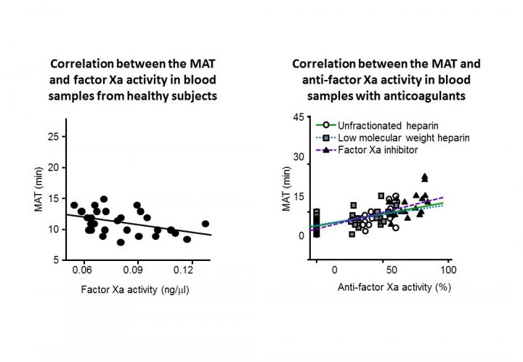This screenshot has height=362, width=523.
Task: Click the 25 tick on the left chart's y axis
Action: tap(54, 136)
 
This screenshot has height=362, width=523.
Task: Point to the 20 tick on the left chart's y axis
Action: tap(54, 167)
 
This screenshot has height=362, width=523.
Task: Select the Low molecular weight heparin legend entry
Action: tap(396, 137)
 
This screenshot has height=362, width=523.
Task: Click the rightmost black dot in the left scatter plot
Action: tap(206, 224)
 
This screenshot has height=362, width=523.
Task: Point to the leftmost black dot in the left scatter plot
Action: tap(74, 205)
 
